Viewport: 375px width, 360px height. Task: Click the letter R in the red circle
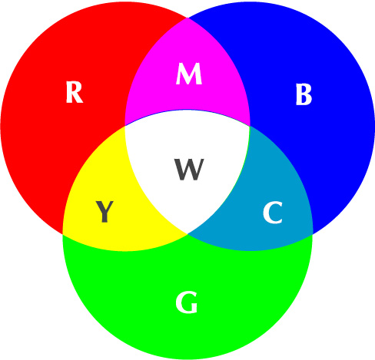(x=75, y=92)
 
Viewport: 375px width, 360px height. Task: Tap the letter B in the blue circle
(x=304, y=94)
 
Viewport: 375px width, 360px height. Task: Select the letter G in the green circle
(x=187, y=302)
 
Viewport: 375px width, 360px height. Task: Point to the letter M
(x=189, y=74)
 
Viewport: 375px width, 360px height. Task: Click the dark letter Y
(x=105, y=211)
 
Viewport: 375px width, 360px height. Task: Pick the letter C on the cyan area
(x=273, y=213)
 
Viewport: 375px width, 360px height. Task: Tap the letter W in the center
(x=190, y=170)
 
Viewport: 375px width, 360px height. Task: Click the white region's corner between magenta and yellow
(x=125, y=126)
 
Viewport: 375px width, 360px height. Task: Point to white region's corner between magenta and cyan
(x=250, y=126)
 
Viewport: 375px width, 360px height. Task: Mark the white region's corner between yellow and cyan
(x=187, y=234)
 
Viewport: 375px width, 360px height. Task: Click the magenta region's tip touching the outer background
(x=187, y=18)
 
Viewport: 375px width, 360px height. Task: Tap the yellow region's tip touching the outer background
(x=63, y=234)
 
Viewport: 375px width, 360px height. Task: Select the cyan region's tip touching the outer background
(x=313, y=234)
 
